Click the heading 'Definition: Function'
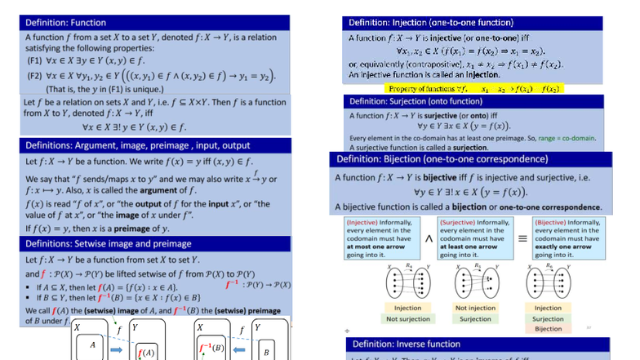point(66,22)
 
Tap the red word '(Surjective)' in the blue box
point(460,222)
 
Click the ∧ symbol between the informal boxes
point(429,238)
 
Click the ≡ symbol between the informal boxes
point(523,238)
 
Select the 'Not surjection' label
point(408,319)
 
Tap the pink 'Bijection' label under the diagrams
point(548,329)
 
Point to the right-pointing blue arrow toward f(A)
point(117,349)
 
